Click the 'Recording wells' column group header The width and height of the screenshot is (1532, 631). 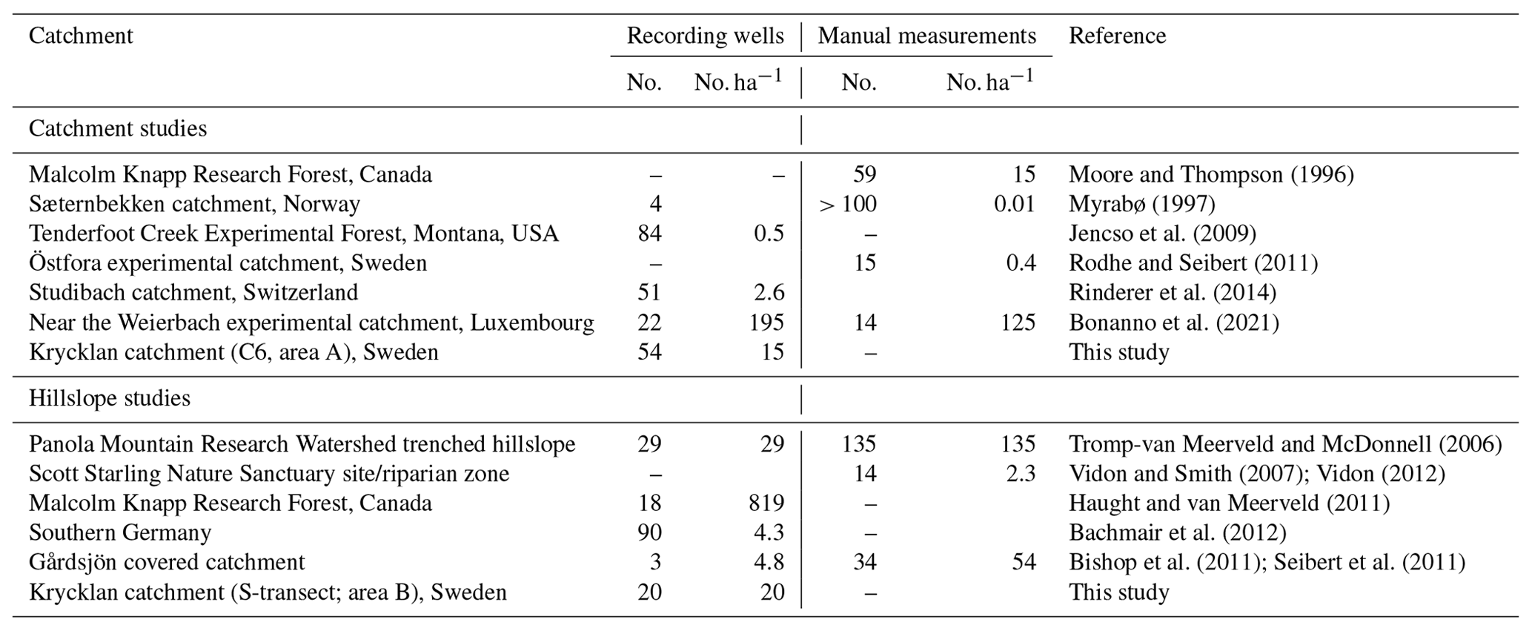[x=705, y=36]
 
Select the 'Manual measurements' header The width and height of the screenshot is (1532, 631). [x=926, y=36]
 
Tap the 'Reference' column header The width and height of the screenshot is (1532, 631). [x=1117, y=36]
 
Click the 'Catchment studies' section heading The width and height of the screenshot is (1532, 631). [x=117, y=129]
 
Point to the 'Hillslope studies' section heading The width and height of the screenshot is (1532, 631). [x=109, y=398]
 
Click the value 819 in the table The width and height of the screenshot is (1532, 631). [x=766, y=503]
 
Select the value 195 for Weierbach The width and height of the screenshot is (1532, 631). [x=766, y=323]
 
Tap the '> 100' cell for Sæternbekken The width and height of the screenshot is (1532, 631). [x=848, y=204]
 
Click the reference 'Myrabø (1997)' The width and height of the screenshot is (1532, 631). [x=1141, y=204]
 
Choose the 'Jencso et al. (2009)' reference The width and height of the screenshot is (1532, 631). [x=1162, y=234]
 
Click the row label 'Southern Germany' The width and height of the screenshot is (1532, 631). [x=120, y=532]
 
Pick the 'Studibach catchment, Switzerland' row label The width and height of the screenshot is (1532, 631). [x=193, y=293]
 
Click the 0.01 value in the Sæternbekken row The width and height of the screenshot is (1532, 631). [x=1014, y=204]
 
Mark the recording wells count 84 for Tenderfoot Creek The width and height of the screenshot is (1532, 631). [x=649, y=234]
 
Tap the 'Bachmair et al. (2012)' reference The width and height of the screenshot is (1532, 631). [x=1177, y=532]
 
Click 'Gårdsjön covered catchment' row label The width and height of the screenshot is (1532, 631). [x=167, y=562]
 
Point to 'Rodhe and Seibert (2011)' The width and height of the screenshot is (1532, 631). [x=1193, y=263]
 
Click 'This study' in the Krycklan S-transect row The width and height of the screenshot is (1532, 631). [x=1118, y=592]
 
